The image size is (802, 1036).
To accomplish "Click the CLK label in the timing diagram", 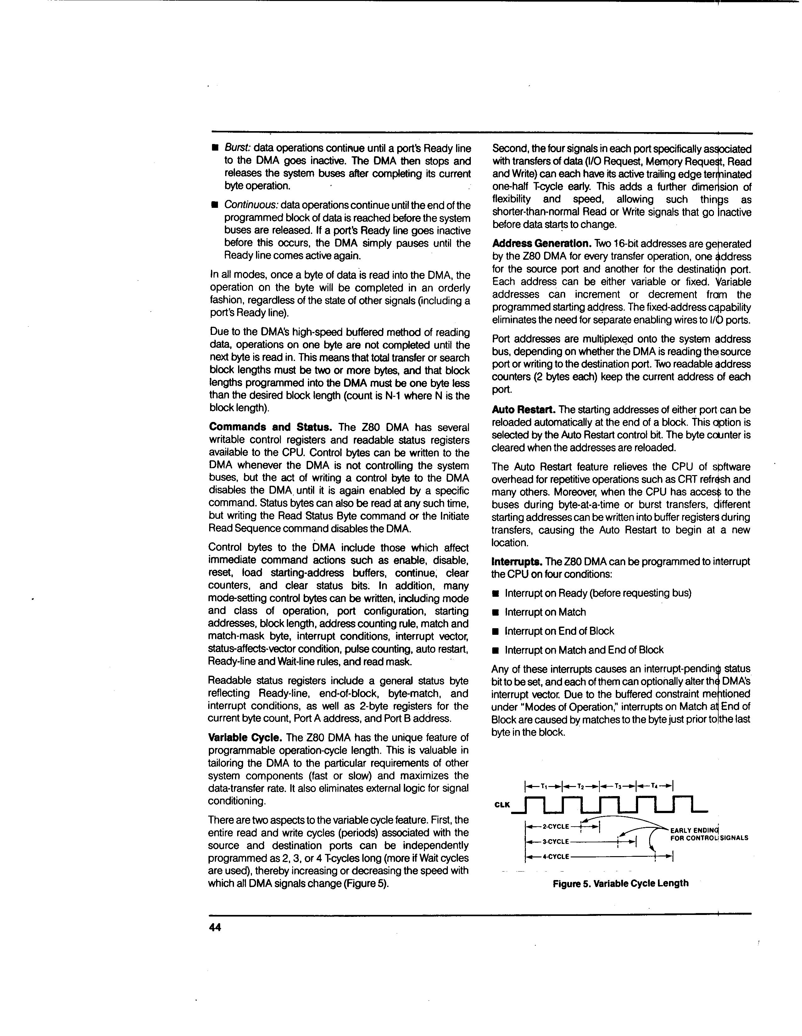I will (x=502, y=805).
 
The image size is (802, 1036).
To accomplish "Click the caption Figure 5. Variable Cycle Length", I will (x=620, y=883).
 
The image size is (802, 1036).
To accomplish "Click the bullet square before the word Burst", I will (x=214, y=148).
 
